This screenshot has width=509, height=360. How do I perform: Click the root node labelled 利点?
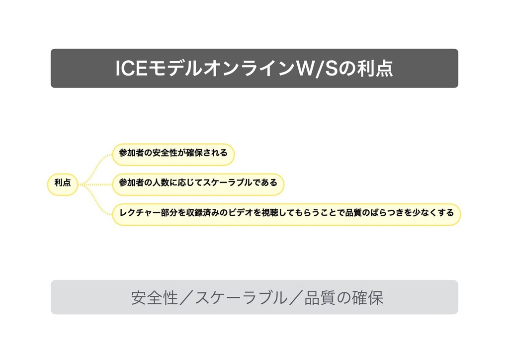coord(63,183)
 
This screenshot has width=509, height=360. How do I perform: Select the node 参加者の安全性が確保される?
coord(173,154)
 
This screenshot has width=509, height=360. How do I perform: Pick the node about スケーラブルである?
coord(198,183)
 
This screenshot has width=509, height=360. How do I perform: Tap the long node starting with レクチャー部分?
coord(286,213)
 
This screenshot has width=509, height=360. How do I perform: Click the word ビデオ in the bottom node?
coord(240,213)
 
